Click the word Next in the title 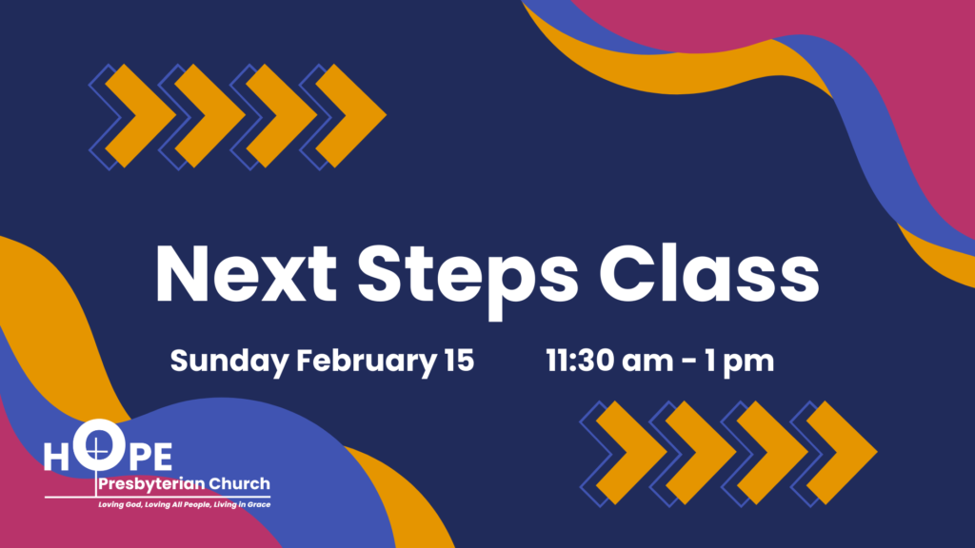click(x=247, y=274)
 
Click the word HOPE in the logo click(x=109, y=449)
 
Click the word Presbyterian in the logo click(x=151, y=484)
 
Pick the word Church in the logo click(x=239, y=483)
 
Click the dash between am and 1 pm click(x=688, y=362)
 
